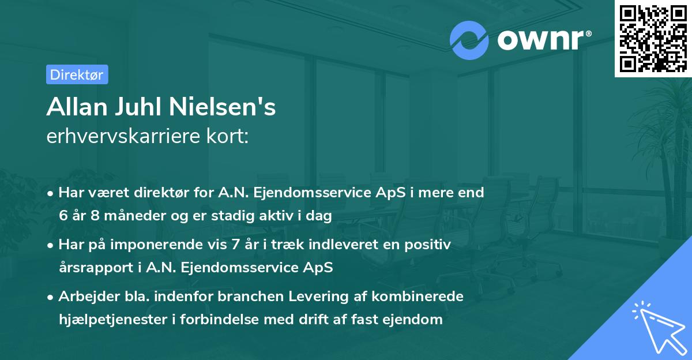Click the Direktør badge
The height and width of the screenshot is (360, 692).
[x=77, y=74]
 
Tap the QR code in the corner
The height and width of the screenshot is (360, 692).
[x=653, y=38]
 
